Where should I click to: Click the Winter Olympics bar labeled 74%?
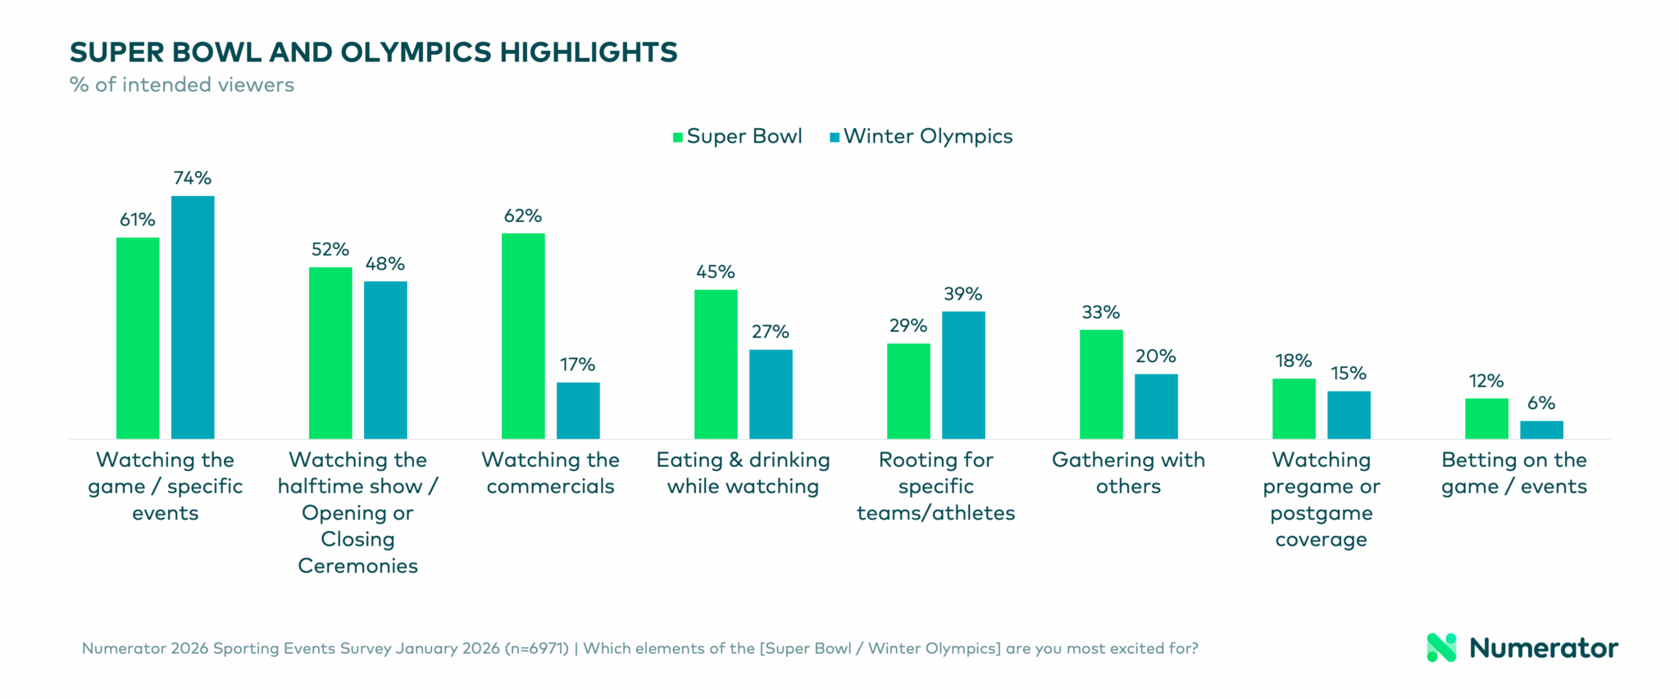coord(193,317)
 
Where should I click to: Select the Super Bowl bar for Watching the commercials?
coord(523,336)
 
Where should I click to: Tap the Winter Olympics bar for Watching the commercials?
coord(578,410)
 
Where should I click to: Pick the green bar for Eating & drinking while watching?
coord(716,364)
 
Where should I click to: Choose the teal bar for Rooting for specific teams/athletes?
coord(963,374)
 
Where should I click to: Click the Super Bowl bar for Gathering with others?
coord(1101,384)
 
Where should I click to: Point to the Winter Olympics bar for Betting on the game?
coord(1541,429)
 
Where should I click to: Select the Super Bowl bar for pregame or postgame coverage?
coord(1294,408)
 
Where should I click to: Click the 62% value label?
coord(523,216)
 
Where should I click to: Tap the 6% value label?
coord(1541,403)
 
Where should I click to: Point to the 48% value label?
coord(385,264)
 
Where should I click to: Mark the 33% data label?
coord(1101,312)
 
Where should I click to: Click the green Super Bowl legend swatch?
coord(678,138)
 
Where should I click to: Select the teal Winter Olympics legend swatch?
coord(835,138)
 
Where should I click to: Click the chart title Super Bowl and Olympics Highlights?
coord(374,52)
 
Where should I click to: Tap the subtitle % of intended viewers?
coord(182,85)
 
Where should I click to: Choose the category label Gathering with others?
coord(1128,473)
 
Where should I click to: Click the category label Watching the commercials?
coord(550,473)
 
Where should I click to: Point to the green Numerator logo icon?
coord(1441,647)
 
